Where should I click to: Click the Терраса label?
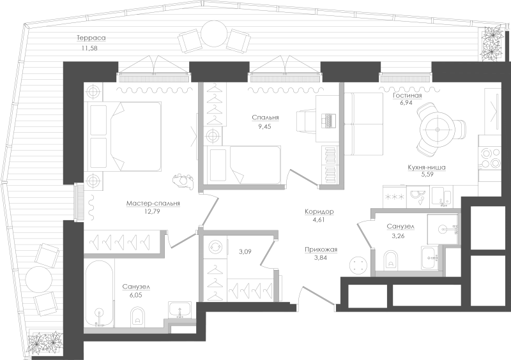pyautogui.click(x=91, y=38)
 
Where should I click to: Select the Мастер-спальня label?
pyautogui.click(x=153, y=203)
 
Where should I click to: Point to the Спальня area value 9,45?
pyautogui.click(x=264, y=126)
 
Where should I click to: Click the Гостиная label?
pyautogui.click(x=407, y=96)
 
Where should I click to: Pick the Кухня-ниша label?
pyautogui.click(x=426, y=167)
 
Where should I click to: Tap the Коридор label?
pyautogui.click(x=319, y=212)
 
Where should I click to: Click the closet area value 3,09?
pyautogui.click(x=245, y=251)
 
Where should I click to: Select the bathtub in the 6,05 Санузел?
pyautogui.click(x=100, y=294)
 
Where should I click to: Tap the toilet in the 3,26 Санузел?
pyautogui.click(x=391, y=260)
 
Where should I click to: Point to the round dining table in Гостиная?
pyautogui.click(x=437, y=130)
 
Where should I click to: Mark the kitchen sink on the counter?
pyautogui.click(x=441, y=197)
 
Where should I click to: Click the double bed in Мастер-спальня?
pyautogui.click(x=123, y=136)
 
